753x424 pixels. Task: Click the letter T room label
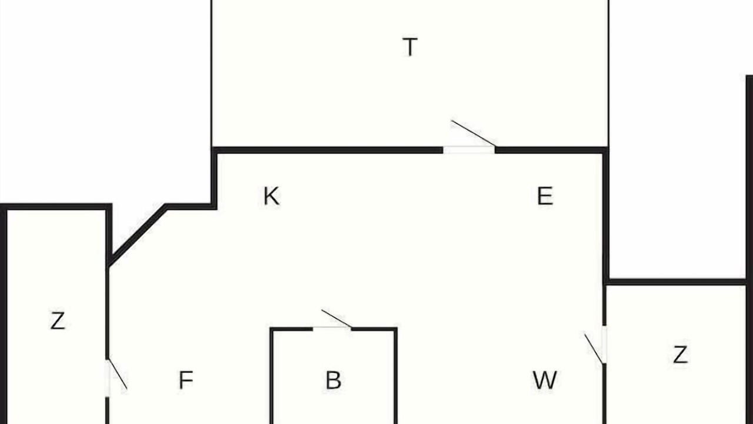(x=410, y=47)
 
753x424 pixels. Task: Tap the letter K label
(x=271, y=196)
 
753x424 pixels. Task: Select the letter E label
(x=545, y=196)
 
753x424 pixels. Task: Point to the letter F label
(x=186, y=380)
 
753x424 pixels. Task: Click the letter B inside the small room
(x=334, y=380)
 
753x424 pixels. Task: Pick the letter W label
(x=545, y=380)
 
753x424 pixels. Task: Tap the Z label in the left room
(x=58, y=321)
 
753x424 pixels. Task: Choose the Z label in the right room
(x=680, y=355)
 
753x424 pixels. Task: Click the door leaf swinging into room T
(x=474, y=133)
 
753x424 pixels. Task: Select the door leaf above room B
(x=336, y=319)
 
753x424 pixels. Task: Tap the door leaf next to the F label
(x=118, y=375)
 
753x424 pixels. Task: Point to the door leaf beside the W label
(x=594, y=348)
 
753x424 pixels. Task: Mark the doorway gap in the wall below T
(x=469, y=150)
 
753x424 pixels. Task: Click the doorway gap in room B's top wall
(x=332, y=329)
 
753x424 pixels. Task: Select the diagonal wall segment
(x=138, y=234)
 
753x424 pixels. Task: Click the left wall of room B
(x=272, y=376)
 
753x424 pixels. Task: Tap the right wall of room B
(x=396, y=376)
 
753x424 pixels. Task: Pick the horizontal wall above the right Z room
(x=676, y=282)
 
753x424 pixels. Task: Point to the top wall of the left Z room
(x=56, y=207)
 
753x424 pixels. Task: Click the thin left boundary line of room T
(x=211, y=74)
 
